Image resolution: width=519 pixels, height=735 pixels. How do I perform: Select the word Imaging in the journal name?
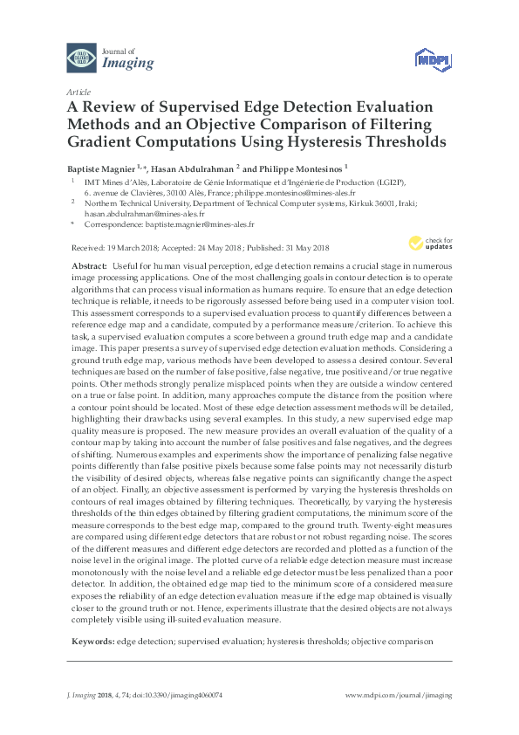(x=127, y=63)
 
